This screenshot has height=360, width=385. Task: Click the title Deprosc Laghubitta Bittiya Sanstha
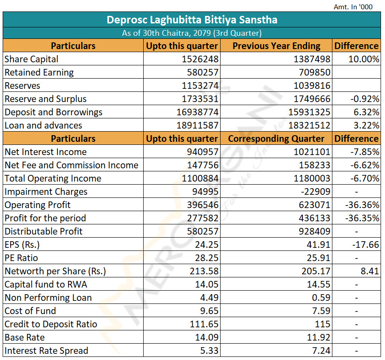pos(192,20)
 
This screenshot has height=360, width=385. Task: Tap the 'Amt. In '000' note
pos(353,7)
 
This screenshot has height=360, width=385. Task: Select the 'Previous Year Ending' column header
pos(276,46)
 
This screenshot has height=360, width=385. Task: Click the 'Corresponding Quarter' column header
pos(276,139)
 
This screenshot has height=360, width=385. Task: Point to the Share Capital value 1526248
pos(200,59)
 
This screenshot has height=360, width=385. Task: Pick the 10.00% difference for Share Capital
pos(364,59)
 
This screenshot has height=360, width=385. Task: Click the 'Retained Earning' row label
pos(39,72)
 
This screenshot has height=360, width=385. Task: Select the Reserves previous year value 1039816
pos(312,86)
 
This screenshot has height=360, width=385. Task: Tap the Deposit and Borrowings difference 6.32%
pos(366,112)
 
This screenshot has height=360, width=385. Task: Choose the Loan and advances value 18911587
pos(198,125)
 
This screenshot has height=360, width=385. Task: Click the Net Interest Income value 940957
pos(202,152)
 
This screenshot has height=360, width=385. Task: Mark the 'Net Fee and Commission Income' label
pos(72,165)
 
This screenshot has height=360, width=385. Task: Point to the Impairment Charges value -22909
pos(316,192)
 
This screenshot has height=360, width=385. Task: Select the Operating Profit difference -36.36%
pos(362,205)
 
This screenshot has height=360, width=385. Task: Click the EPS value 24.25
pos(206,245)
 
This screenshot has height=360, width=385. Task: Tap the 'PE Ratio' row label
pos(21,258)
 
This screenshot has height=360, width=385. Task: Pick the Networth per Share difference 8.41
pos(370,271)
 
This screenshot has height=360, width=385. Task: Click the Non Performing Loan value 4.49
pos(209,298)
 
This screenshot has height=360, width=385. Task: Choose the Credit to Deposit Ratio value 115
pos(323,324)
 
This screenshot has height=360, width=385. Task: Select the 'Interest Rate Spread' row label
pos(46,351)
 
